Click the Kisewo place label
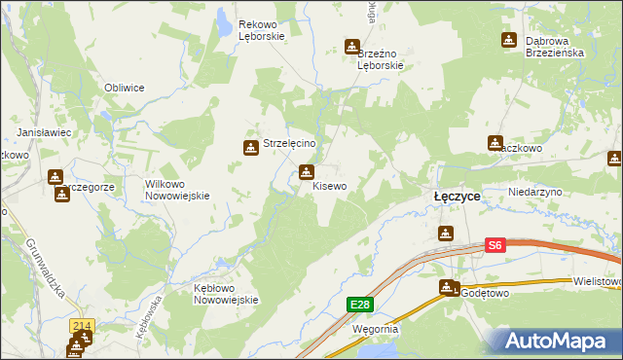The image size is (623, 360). (x=329, y=186)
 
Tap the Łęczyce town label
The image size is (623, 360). (x=457, y=196)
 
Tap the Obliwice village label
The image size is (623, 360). (x=125, y=88)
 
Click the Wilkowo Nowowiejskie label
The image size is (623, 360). (x=177, y=189)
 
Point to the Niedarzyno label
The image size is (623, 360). (x=535, y=193)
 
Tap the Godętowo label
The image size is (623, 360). (x=486, y=292)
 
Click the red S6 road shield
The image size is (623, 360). (x=495, y=246)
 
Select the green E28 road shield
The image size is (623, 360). (x=359, y=306)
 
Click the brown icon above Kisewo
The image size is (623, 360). (x=307, y=173)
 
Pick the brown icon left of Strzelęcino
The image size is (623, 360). (x=249, y=148)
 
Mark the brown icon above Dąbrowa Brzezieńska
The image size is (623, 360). (x=508, y=40)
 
